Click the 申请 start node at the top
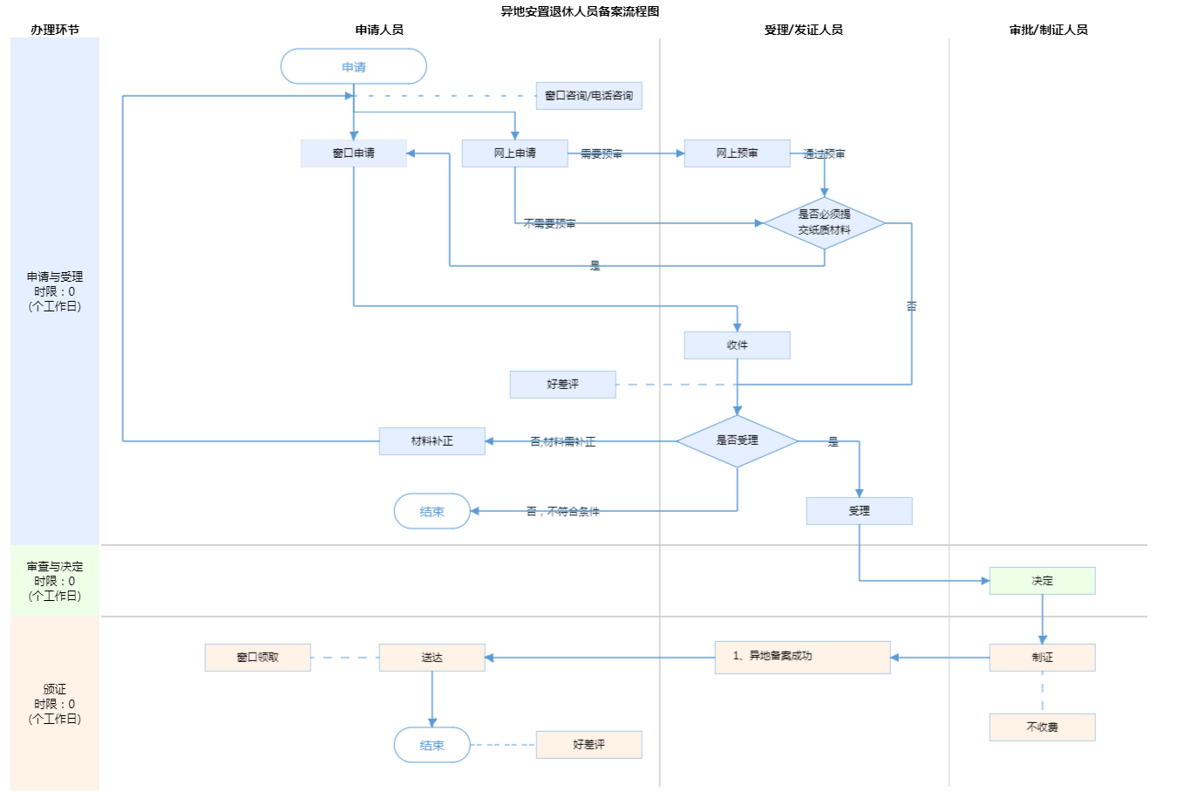coord(353,67)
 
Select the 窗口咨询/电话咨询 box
coord(588,96)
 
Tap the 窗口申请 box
coord(353,154)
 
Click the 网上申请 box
coord(514,154)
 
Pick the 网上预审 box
coord(737,154)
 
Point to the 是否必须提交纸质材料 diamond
coord(824,222)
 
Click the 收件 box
coord(737,345)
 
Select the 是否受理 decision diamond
coord(737,440)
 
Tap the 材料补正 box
coord(432,441)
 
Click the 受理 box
coord(859,511)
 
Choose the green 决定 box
coord(1042,581)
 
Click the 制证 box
coord(1042,658)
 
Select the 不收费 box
coord(1042,727)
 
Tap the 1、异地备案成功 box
coord(802,657)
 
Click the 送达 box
coord(432,658)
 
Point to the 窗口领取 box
coord(257,658)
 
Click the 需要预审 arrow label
coord(602,154)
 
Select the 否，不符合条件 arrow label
coord(562,512)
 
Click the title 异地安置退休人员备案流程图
coord(580,11)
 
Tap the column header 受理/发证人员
coord(803,30)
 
